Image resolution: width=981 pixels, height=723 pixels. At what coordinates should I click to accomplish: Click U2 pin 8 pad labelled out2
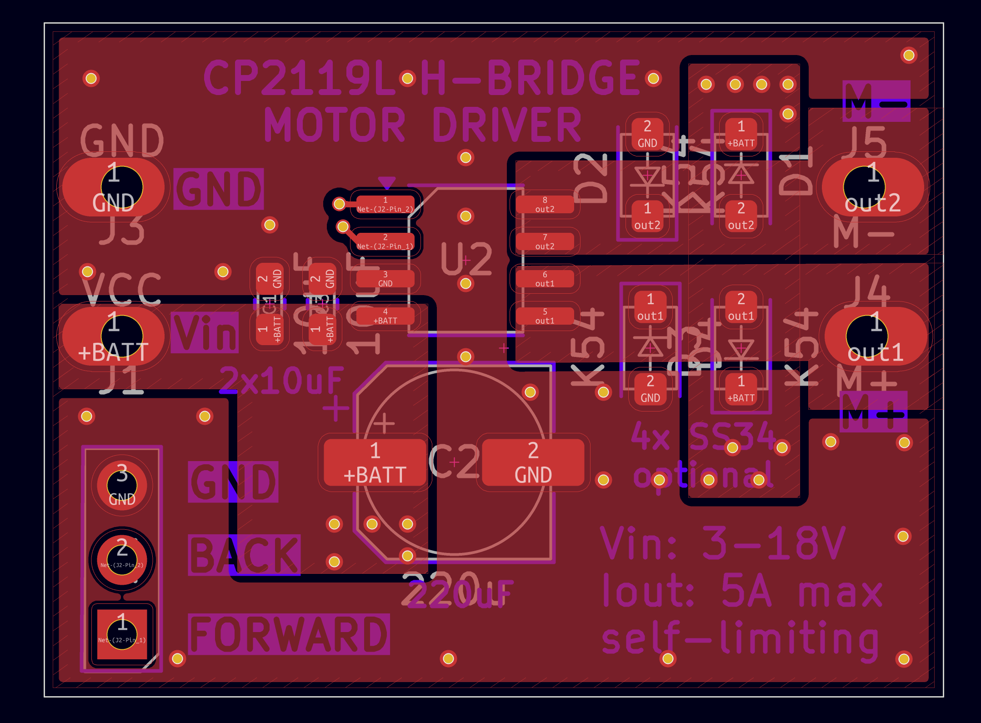[x=545, y=205]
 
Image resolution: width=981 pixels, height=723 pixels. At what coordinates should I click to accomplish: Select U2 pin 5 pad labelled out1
[x=545, y=316]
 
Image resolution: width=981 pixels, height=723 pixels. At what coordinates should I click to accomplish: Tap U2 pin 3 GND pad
[x=385, y=279]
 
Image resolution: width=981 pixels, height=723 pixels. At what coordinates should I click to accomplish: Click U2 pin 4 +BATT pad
[x=385, y=316]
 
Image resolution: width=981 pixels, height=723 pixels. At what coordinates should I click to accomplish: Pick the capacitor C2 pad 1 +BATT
[x=375, y=462]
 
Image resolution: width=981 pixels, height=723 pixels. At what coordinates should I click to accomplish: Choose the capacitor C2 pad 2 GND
[x=533, y=462]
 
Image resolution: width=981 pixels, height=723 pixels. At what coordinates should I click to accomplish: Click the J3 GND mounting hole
[x=121, y=187]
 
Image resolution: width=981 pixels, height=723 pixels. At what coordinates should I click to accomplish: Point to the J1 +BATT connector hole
[x=121, y=336]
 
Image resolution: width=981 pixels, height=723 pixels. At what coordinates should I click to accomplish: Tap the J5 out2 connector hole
[x=864, y=187]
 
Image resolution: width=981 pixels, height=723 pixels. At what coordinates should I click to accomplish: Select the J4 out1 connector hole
[x=866, y=336]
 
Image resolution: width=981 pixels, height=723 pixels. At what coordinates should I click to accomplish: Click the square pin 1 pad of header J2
[x=122, y=634]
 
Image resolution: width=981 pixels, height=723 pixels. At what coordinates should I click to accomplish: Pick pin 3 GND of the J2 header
[x=122, y=485]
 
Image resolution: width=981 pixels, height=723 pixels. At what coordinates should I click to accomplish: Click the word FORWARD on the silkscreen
[x=289, y=634]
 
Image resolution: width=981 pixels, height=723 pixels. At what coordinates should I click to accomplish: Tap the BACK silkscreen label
[x=244, y=555]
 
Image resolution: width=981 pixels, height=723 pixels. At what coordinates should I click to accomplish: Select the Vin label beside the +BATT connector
[x=205, y=332]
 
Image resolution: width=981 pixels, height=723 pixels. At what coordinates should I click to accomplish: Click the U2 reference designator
[x=466, y=259]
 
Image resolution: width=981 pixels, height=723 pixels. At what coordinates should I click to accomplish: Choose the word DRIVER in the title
[x=506, y=125]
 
